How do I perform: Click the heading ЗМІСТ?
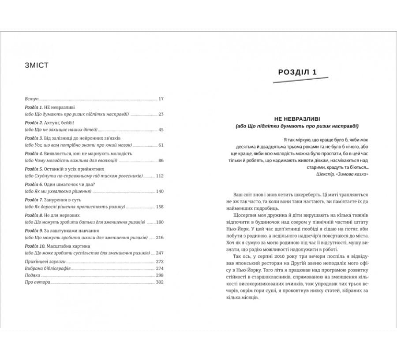click(37, 66)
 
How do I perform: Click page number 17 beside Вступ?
click(161, 99)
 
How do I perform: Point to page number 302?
click(159, 282)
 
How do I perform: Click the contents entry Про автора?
click(37, 282)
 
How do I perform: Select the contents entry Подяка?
click(33, 275)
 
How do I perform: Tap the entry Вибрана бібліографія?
click(48, 268)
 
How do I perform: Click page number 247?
click(159, 253)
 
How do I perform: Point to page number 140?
click(159, 191)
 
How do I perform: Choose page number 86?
click(161, 160)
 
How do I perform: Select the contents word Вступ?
click(32, 99)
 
